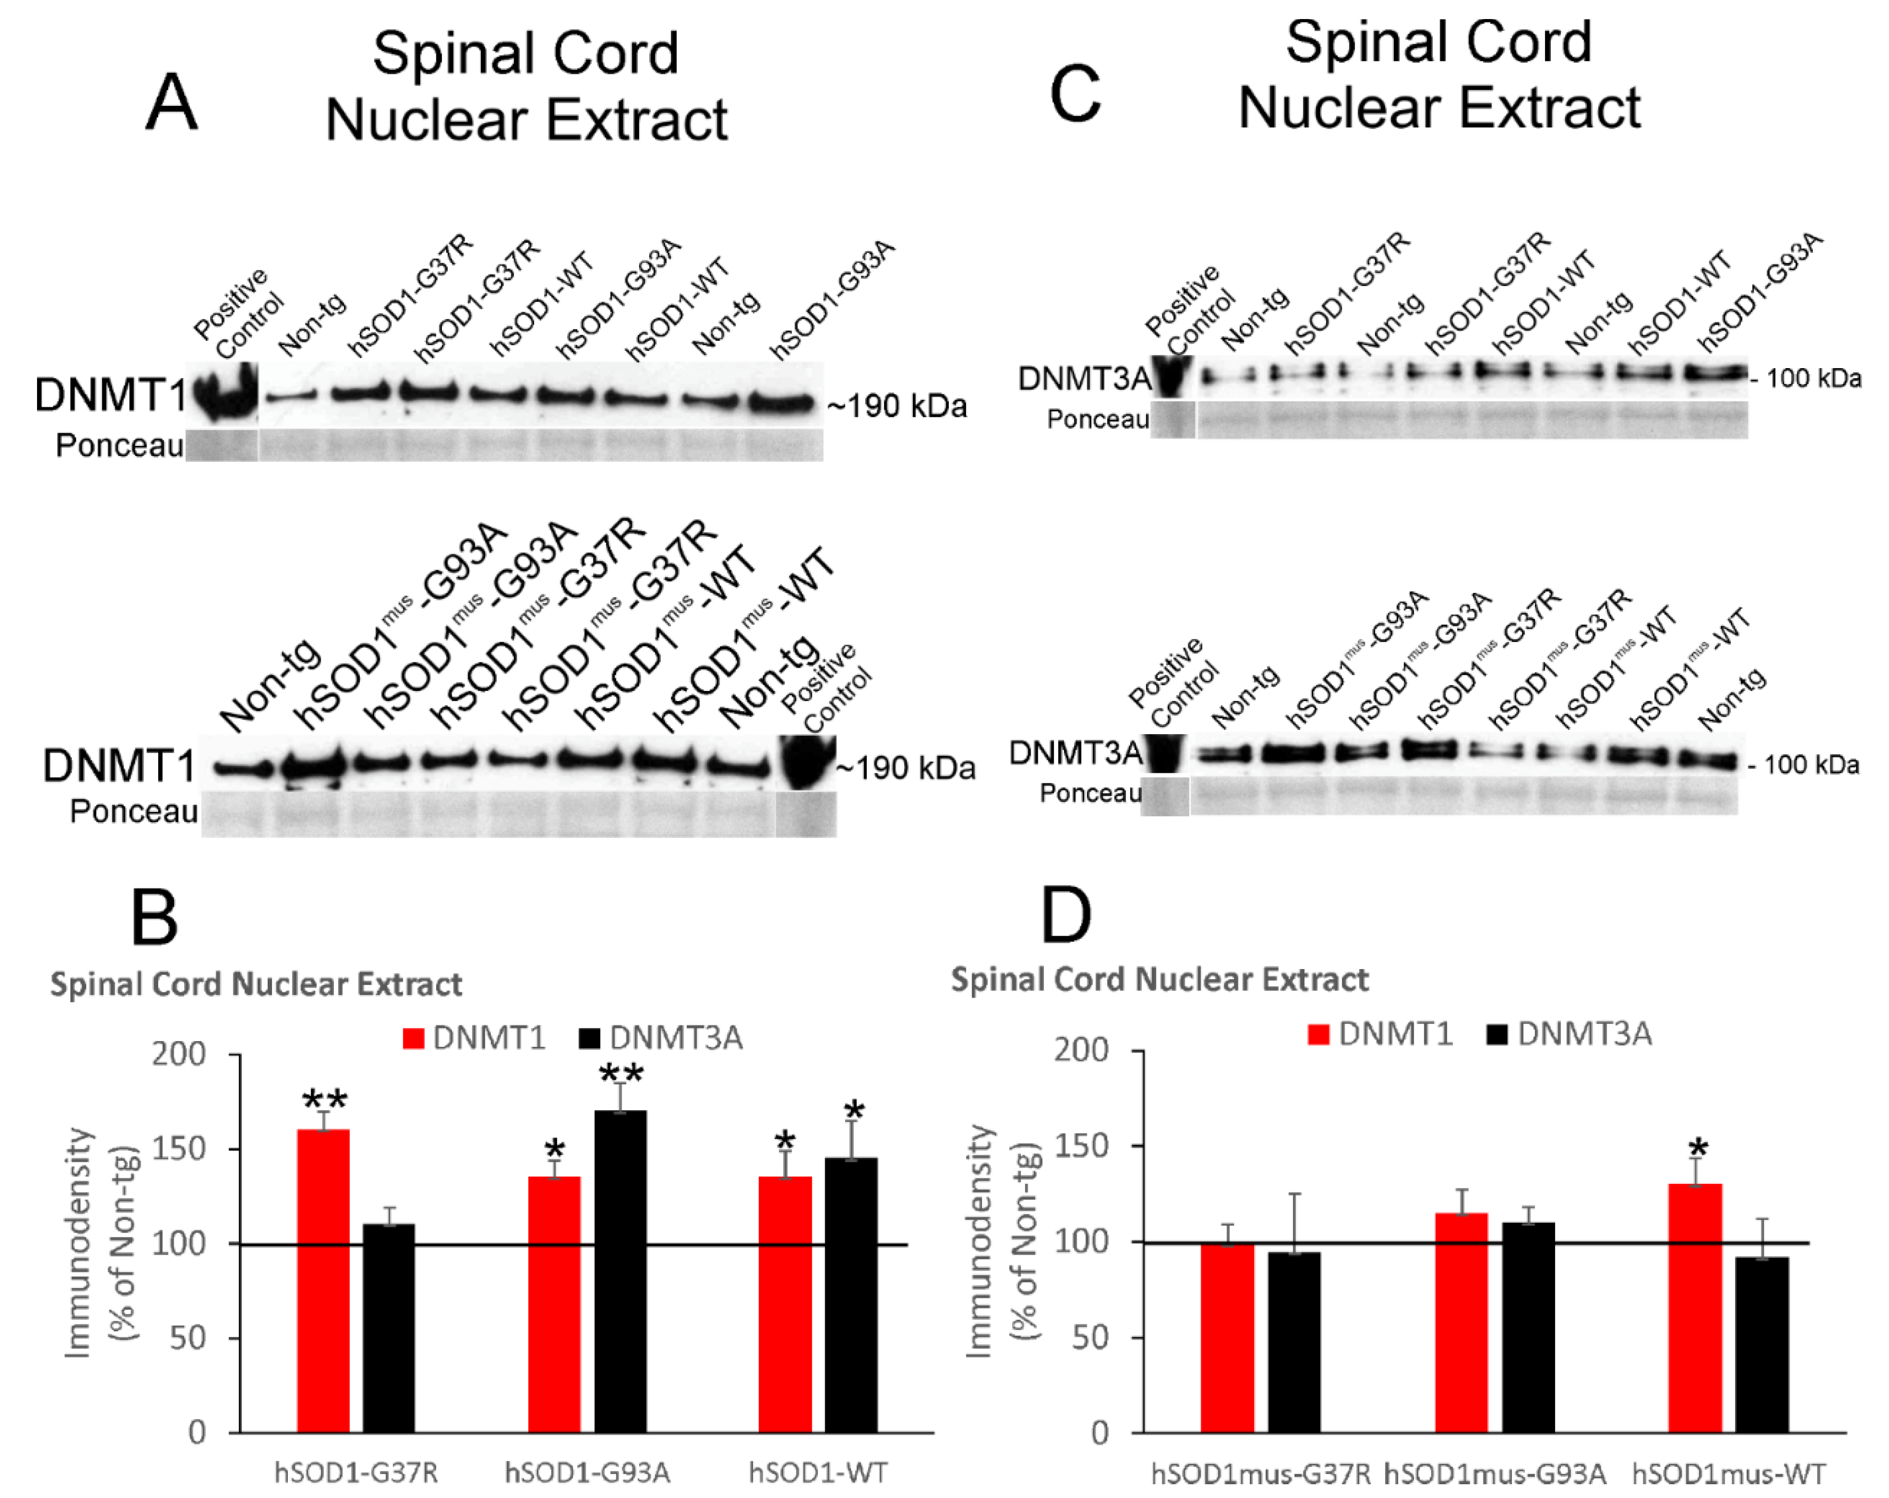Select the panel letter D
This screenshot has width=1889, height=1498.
[1066, 916]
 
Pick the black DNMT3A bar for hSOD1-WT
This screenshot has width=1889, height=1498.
[851, 1295]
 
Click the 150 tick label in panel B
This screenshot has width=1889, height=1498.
[179, 1148]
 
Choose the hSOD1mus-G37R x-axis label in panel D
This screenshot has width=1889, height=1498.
[1261, 1474]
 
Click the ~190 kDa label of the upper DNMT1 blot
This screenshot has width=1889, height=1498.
[897, 406]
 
